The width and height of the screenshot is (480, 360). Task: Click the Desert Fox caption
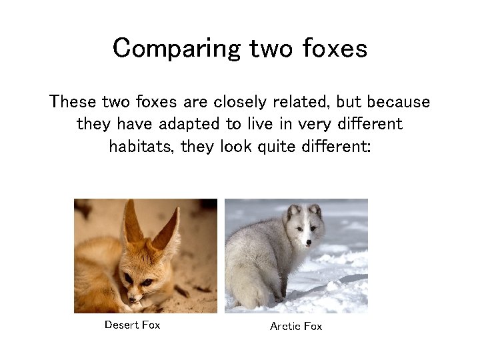coord(132,325)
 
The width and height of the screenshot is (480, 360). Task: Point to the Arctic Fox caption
coord(295,326)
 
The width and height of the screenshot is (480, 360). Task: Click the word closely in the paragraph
coord(242,103)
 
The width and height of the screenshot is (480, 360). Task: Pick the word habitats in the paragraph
coord(138,145)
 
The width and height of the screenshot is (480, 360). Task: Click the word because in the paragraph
coord(397,103)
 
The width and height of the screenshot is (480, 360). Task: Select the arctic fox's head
coord(303,225)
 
